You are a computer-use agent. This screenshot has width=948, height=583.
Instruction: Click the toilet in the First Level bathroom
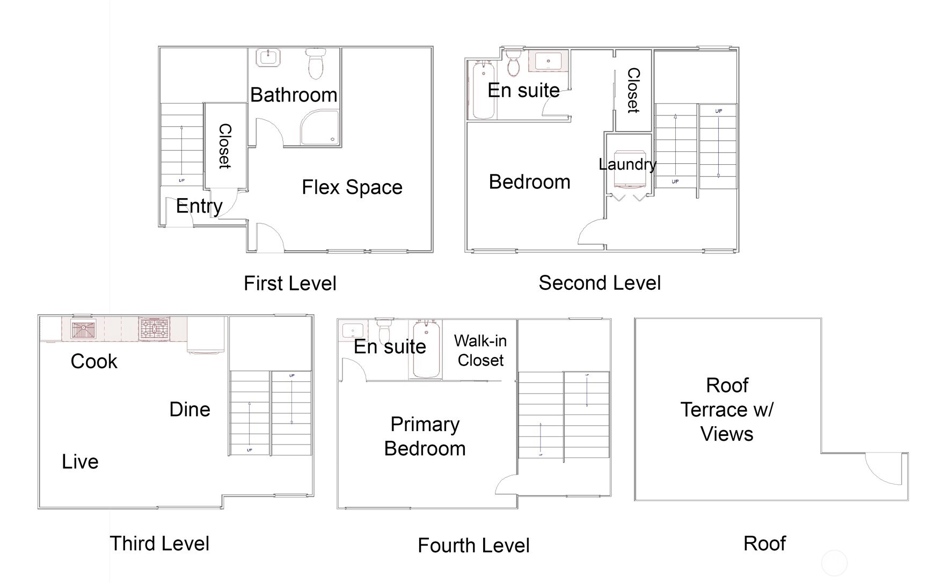point(316,63)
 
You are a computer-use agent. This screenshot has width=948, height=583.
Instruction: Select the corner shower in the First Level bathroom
point(320,128)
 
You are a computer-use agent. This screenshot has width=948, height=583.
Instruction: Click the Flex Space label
point(352,187)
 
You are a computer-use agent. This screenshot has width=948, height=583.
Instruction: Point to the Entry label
point(199,206)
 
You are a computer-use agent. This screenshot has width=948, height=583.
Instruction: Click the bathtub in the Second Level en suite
point(483,90)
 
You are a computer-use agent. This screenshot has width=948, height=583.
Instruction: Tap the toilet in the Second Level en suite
point(514,63)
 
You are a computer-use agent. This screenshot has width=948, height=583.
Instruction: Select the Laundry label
point(628,164)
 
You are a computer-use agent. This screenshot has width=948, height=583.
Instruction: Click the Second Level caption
point(600,283)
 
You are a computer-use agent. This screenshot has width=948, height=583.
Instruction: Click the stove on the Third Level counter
point(154,329)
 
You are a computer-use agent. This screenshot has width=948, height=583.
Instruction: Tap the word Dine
point(189,410)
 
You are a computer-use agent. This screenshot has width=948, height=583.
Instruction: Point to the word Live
point(80,462)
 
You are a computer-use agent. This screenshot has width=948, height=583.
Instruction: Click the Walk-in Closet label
point(480,351)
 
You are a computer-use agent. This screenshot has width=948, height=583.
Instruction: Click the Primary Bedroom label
point(425,436)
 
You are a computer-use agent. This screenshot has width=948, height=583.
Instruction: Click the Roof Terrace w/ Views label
point(727,410)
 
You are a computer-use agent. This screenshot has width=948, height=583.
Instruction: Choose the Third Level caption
point(159,543)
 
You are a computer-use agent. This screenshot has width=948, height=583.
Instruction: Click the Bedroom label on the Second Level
point(529,182)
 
